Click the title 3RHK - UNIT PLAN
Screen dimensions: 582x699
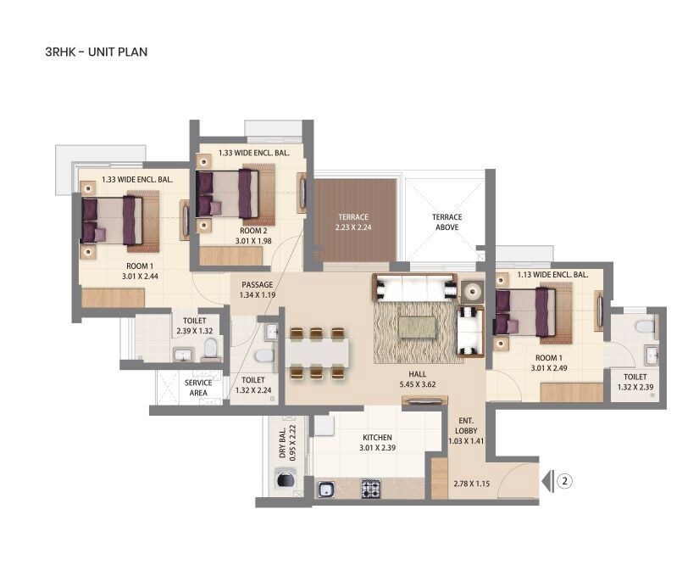click(96, 52)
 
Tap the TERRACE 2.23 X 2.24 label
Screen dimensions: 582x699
click(355, 222)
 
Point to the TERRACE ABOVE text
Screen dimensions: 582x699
click(447, 222)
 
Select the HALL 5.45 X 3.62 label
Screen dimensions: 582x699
click(417, 378)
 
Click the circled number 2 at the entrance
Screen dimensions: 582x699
click(566, 481)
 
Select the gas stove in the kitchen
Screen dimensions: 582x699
click(371, 488)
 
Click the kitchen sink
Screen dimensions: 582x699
click(326, 489)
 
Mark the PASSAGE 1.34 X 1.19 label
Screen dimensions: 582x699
click(257, 290)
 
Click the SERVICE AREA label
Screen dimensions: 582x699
click(198, 388)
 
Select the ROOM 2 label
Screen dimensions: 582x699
click(253, 236)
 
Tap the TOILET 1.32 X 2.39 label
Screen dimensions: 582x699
click(635, 382)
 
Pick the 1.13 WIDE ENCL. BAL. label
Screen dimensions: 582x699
click(552, 275)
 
